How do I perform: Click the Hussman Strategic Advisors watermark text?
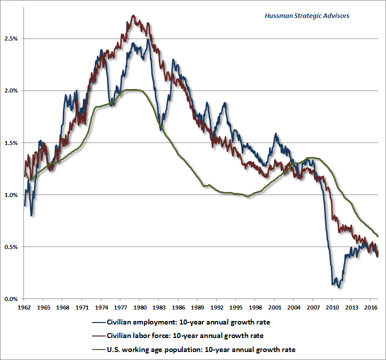click(307, 15)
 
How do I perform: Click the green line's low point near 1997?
click(248, 197)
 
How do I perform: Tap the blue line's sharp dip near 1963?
click(31, 215)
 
